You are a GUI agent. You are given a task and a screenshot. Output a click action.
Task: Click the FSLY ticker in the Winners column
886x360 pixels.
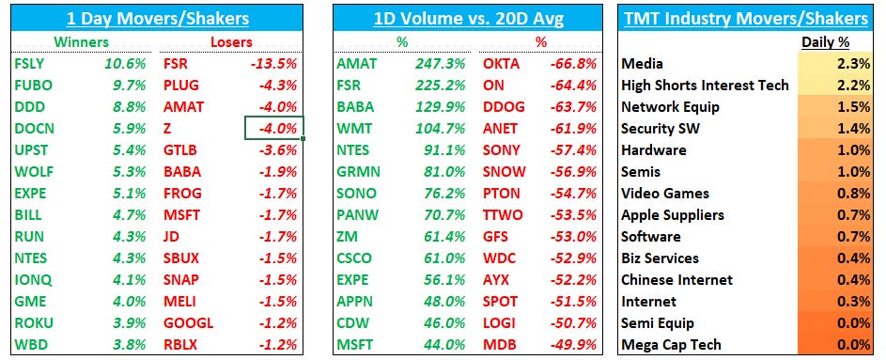point(31,64)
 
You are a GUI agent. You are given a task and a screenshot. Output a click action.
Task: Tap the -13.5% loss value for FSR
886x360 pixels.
point(275,64)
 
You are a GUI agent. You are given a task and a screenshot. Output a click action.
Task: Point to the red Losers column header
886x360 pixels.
point(230,41)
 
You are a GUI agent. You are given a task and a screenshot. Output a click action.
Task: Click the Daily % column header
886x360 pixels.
point(827,41)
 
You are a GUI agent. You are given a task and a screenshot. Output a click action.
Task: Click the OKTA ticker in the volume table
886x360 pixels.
point(501,64)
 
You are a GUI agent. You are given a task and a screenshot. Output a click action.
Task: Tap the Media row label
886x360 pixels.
point(643,64)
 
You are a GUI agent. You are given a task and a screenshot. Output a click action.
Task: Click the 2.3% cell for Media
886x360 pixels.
point(854,64)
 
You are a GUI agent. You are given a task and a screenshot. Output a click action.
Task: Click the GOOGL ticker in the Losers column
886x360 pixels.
point(188,322)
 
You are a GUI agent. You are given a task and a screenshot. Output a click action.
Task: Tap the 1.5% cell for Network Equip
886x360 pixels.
point(854,107)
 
